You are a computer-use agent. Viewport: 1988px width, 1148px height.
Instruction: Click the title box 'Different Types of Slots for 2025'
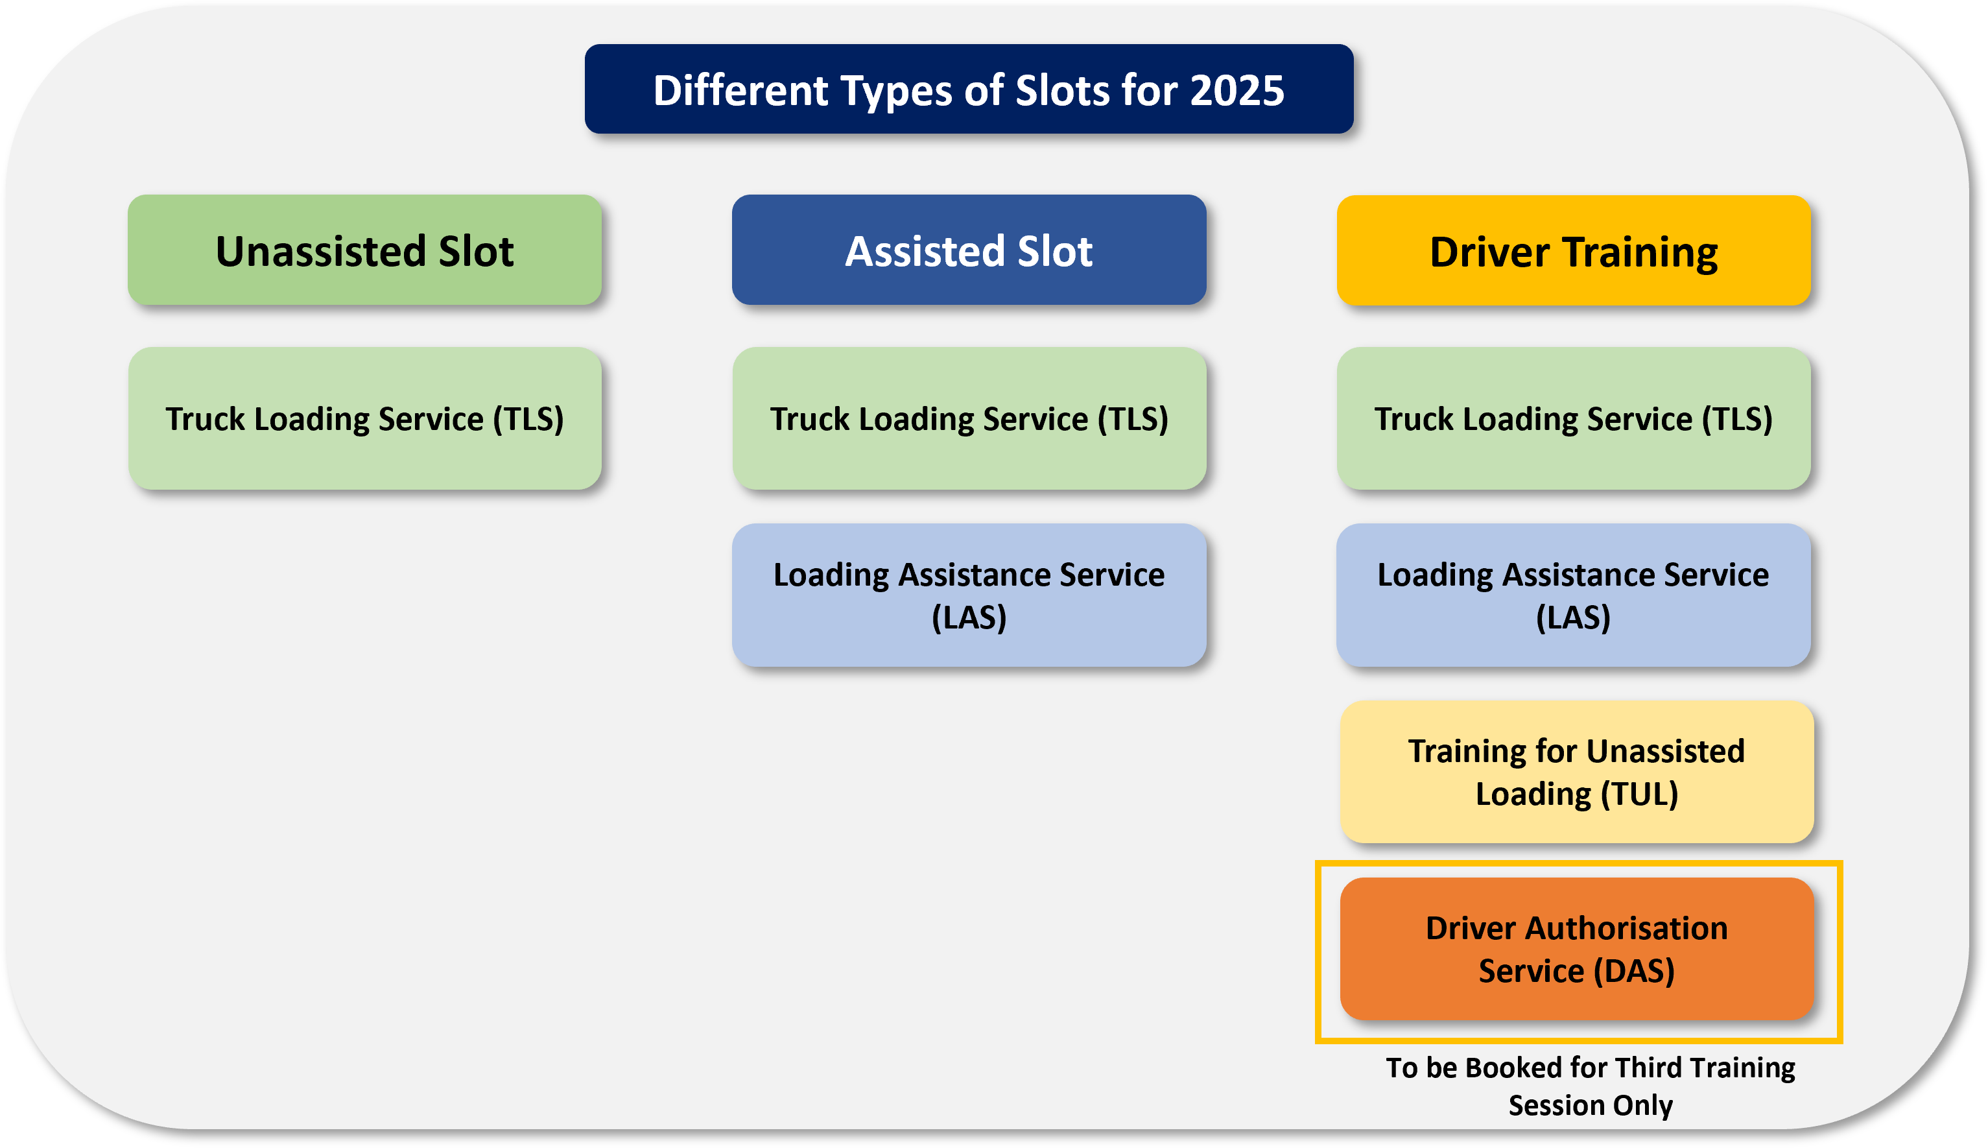969,89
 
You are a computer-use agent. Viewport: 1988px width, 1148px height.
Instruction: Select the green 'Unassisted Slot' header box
365,250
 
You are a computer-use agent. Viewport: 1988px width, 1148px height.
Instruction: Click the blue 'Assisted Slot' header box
969,250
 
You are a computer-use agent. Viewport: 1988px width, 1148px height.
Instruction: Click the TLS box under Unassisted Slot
365,419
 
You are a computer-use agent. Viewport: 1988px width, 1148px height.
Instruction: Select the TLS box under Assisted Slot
969,419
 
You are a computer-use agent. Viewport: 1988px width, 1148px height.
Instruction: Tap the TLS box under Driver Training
1574,419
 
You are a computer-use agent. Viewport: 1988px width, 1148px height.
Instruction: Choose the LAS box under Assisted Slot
969,595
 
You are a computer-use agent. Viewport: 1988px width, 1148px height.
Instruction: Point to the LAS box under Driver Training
1574,595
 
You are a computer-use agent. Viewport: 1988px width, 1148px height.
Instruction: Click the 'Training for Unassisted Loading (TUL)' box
1576,772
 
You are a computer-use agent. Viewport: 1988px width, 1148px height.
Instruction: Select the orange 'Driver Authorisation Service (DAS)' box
1576,948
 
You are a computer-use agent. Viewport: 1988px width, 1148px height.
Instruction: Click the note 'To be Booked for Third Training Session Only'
1590,1086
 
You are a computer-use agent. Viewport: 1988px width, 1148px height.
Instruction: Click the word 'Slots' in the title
1061,91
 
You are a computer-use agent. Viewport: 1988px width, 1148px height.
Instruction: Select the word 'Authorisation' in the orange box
1626,928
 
